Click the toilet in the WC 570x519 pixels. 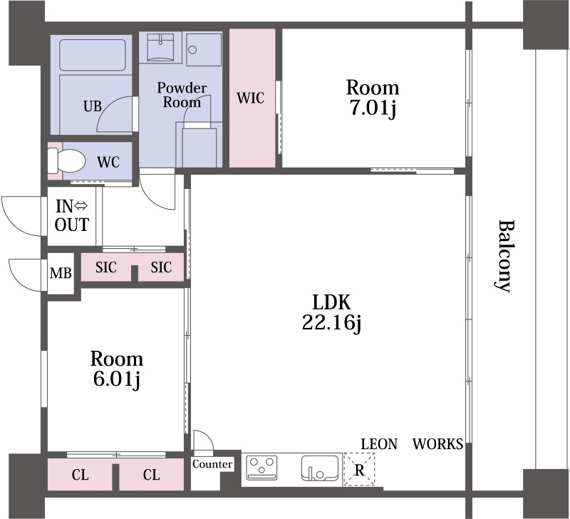[66, 161]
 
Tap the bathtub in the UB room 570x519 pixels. [93, 55]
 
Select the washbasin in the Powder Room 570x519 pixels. [160, 47]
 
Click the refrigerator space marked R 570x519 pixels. [359, 469]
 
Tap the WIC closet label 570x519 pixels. [250, 98]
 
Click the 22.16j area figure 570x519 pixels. [331, 322]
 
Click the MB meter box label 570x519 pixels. [61, 273]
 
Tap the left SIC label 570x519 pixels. [106, 267]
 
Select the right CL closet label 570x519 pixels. [151, 475]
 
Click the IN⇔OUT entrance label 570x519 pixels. [72, 216]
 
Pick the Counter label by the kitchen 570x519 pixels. [212, 464]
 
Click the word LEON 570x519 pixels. [379, 444]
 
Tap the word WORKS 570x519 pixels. [437, 444]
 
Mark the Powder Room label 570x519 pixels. [182, 95]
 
